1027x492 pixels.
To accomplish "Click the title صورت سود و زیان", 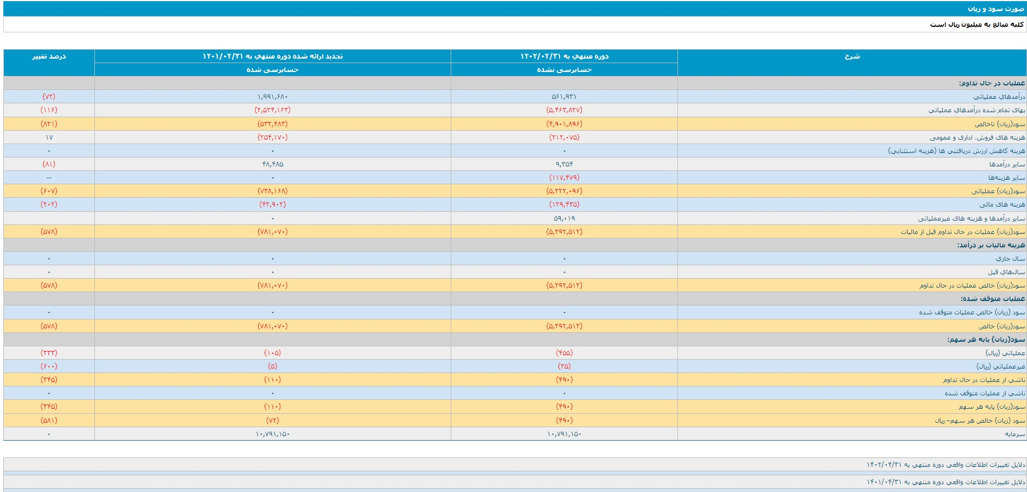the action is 996,9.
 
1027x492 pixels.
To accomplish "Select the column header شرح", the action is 852,56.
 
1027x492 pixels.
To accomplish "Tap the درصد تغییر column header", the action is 49,56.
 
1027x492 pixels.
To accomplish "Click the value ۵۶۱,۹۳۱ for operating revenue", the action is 564,97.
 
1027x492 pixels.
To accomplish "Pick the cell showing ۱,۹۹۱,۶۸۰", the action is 273,97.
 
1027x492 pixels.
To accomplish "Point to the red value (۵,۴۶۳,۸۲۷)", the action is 564,110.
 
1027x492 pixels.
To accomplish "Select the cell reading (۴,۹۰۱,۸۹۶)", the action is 564,124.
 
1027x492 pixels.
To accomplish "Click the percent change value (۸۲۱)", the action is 49,124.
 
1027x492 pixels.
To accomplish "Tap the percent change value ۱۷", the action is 49,137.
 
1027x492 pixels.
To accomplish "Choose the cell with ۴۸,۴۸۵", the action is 273,164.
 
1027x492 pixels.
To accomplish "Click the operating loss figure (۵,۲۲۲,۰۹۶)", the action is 564,191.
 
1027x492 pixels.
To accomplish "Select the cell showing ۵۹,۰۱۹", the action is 564,218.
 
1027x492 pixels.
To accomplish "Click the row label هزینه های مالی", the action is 1002,204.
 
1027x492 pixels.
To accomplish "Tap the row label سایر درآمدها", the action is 1007,164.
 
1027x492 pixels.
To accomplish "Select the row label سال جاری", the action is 1011,259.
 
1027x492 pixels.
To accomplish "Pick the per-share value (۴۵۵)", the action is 564,353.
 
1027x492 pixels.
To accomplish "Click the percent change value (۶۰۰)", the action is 49,366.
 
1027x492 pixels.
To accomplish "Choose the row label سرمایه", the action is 1015,434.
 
